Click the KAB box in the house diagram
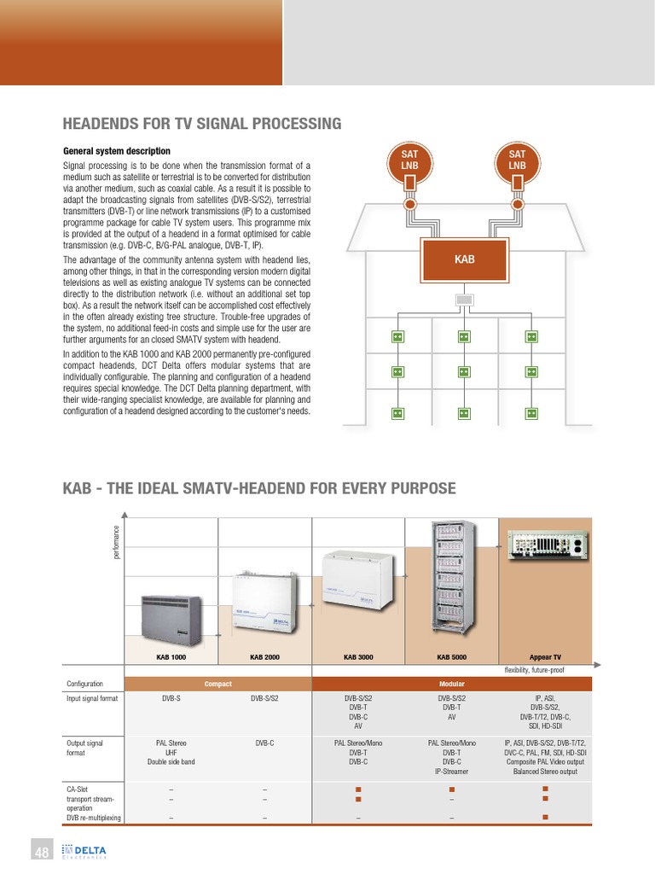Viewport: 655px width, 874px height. pos(464,258)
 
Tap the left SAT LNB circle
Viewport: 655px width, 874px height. pos(410,159)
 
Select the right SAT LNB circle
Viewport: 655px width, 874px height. pos(517,159)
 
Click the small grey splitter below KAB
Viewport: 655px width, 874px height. pos(464,300)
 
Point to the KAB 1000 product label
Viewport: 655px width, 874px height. pos(171,657)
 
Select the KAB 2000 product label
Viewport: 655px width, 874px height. pos(265,657)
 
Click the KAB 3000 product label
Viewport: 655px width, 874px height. pos(359,657)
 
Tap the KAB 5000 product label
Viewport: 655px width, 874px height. pos(452,657)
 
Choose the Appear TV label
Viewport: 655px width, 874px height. pos(545,657)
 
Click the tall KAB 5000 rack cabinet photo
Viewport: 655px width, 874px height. pos(452,580)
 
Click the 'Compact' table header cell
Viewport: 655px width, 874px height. pos(218,684)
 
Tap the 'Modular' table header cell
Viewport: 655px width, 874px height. pos(452,684)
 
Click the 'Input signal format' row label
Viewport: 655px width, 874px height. pos(92,697)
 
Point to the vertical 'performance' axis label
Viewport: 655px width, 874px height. pos(116,543)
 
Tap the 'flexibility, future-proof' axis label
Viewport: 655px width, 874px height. pos(535,671)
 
